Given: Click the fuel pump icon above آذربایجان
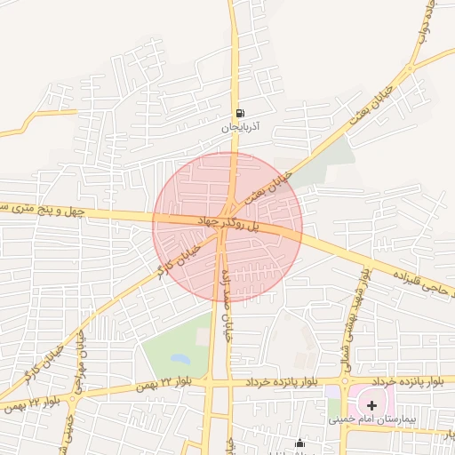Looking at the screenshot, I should point(240,113).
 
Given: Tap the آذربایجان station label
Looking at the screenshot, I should point(240,128).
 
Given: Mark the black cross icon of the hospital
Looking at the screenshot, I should point(371,404).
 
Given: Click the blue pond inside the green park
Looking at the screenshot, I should point(180,359).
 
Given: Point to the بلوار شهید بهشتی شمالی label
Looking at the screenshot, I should point(357,307).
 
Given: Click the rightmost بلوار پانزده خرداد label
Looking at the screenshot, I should point(435,382).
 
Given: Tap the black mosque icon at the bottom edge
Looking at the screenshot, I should point(299,443).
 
